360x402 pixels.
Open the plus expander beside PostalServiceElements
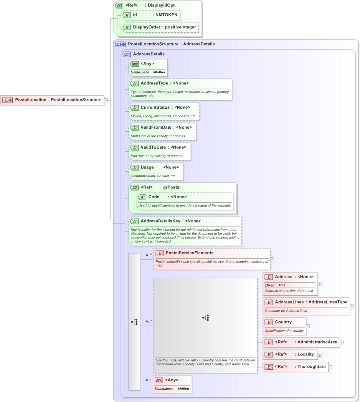click(272, 259)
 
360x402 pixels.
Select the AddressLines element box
click(306, 302)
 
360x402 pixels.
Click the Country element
click(284, 322)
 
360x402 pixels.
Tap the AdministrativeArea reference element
click(301, 342)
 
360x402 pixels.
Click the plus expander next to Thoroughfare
click(330, 367)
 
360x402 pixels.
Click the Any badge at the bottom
click(159, 380)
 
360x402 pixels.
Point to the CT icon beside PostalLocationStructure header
click(121, 44)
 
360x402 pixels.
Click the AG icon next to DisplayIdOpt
click(119, 5)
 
